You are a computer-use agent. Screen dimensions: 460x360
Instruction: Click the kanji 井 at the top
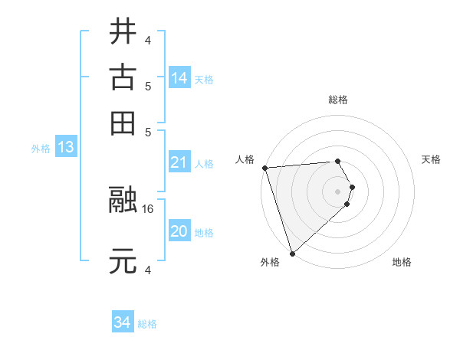point(123,31)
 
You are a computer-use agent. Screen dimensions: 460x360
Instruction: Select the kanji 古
point(123,77)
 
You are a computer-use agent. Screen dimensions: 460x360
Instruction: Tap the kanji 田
point(123,123)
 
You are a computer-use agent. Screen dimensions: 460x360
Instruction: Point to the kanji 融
point(123,201)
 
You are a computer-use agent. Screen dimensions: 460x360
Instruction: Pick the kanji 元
point(123,261)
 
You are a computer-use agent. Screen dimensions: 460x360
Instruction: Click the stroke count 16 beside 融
point(148,208)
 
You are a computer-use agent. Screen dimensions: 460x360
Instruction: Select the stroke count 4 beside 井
point(148,39)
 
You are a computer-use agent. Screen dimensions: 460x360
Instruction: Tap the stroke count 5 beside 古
point(148,86)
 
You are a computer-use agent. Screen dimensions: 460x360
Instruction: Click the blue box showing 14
point(179,78)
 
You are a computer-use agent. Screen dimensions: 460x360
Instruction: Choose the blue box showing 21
point(179,162)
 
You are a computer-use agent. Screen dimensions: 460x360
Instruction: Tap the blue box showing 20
point(179,232)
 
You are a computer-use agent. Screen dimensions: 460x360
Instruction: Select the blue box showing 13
point(65,148)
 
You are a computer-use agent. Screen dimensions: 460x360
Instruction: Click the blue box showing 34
point(122,323)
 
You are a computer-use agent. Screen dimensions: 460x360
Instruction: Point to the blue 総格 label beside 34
point(147,324)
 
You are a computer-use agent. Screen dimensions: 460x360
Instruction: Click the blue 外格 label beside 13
point(41,149)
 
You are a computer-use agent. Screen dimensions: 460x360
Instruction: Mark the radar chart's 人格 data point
point(264,168)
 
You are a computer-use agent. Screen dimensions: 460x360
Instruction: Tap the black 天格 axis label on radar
point(431,159)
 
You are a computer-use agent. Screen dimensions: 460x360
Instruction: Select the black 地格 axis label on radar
point(402,263)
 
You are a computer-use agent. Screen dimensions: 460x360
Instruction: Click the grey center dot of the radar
point(337,191)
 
